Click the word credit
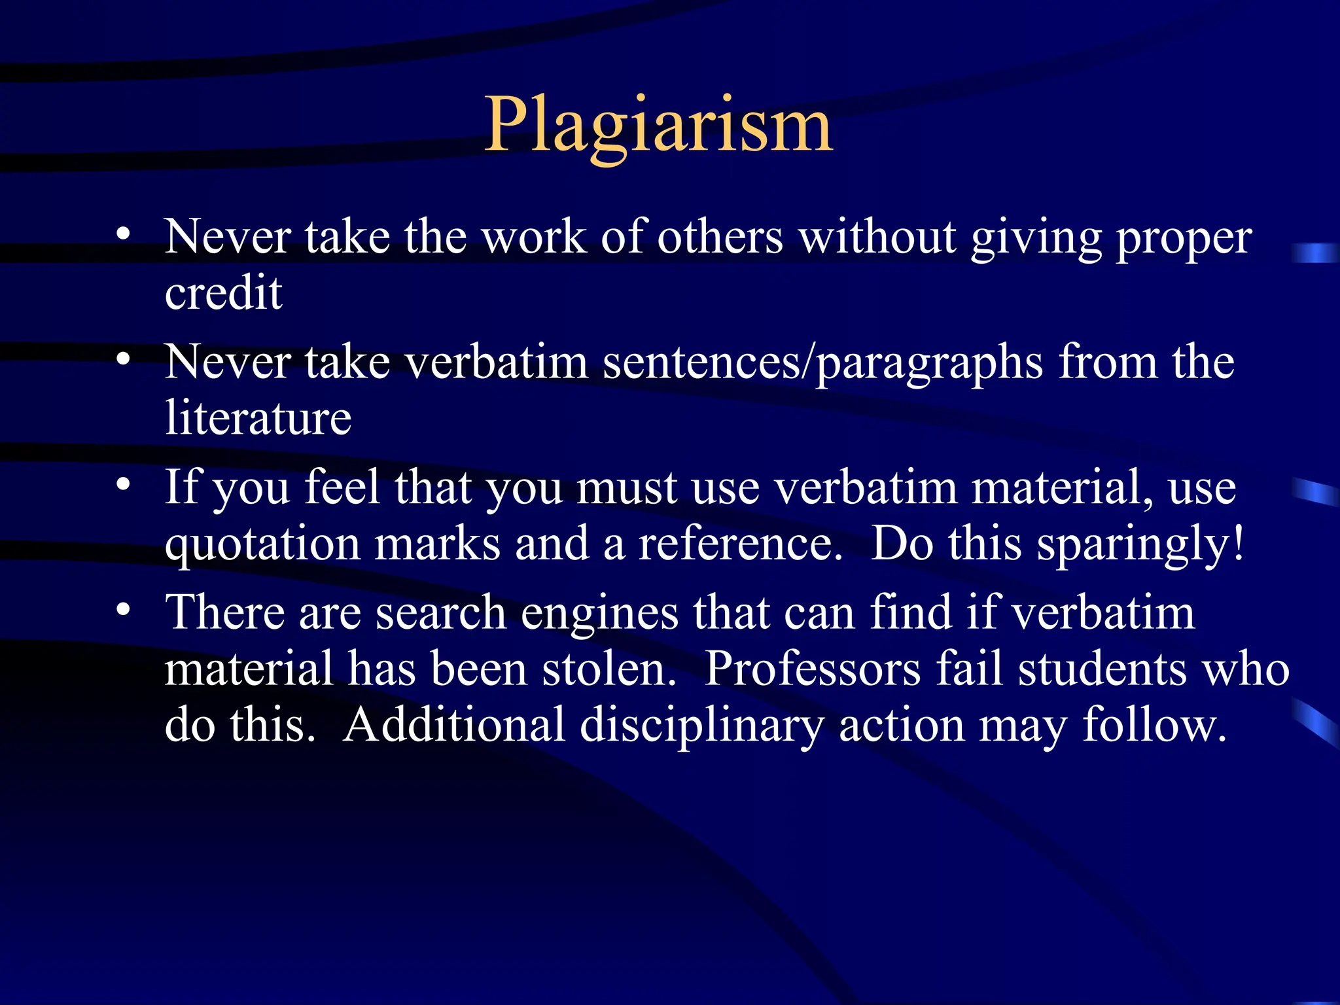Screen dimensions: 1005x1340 pyautogui.click(x=223, y=292)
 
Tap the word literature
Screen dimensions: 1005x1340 pyautogui.click(x=258, y=417)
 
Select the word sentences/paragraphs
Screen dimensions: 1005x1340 pyautogui.click(x=822, y=362)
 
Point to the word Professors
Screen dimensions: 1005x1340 pyautogui.click(x=812, y=669)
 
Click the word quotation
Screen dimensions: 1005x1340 pyautogui.click(x=262, y=544)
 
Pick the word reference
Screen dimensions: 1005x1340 pyautogui.click(x=740, y=544)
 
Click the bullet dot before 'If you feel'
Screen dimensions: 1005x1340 pyautogui.click(x=123, y=484)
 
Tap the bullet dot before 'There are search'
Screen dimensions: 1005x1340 pyautogui.click(x=123, y=610)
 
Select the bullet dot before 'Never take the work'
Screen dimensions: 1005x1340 pyautogui.click(x=123, y=233)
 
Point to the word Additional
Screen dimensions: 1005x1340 pyautogui.click(x=453, y=725)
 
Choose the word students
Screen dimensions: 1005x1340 pyautogui.click(x=1102, y=669)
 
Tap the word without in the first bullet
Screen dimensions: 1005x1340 pyautogui.click(x=877, y=237)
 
